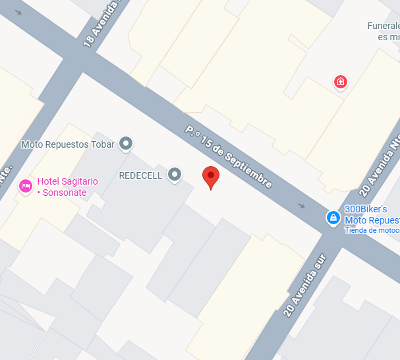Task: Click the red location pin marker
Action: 210,176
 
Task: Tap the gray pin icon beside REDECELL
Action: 175,175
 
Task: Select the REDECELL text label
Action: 140,175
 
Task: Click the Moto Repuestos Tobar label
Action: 68,144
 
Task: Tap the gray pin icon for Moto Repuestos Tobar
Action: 126,144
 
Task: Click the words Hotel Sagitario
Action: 67,181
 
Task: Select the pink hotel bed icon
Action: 26,186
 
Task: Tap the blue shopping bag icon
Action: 333,217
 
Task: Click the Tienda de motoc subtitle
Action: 372,230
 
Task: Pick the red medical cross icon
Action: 341,82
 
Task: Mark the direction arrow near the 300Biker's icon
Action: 302,206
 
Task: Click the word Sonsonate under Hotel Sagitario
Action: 62,193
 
